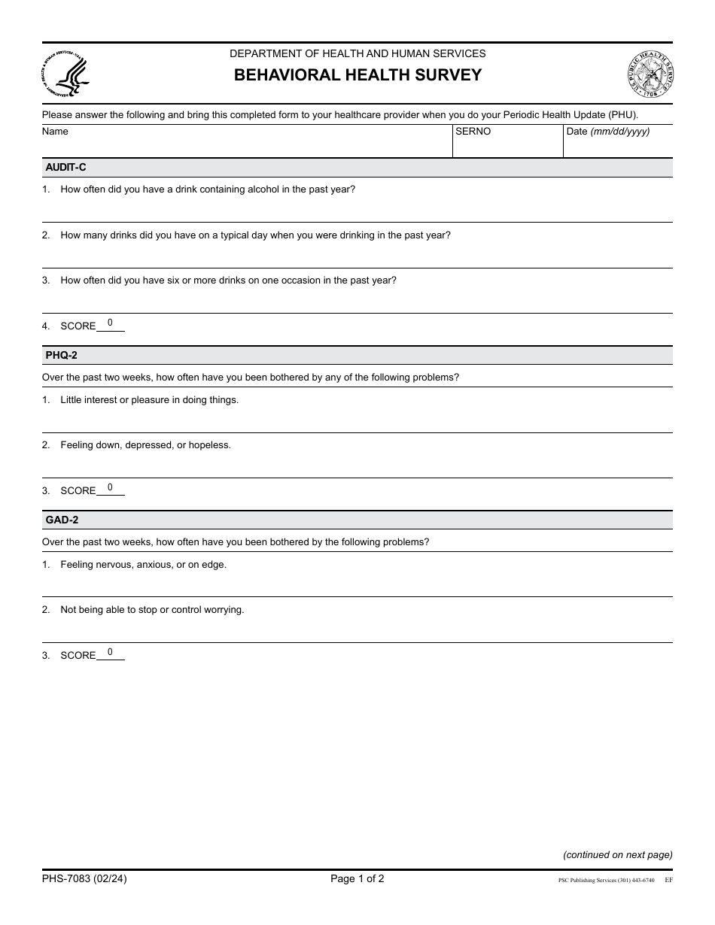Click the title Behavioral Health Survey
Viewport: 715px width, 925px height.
tap(357, 75)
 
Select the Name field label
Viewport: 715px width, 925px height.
tap(55, 132)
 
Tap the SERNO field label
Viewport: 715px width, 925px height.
tap(473, 132)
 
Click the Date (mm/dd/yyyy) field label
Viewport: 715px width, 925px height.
tap(607, 132)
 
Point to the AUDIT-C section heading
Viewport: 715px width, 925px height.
tap(66, 168)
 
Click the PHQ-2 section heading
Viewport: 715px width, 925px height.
tap(62, 355)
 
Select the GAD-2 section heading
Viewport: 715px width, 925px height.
tap(62, 520)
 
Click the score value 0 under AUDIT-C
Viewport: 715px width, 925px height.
tap(110, 323)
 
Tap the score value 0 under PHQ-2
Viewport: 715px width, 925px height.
tap(110, 487)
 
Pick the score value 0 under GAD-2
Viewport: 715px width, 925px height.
tap(110, 652)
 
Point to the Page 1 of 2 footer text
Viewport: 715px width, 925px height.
tap(357, 878)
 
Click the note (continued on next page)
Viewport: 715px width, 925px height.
tap(617, 854)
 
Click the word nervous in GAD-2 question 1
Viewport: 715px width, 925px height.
tap(113, 565)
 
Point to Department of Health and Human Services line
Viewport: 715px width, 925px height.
tap(357, 53)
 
